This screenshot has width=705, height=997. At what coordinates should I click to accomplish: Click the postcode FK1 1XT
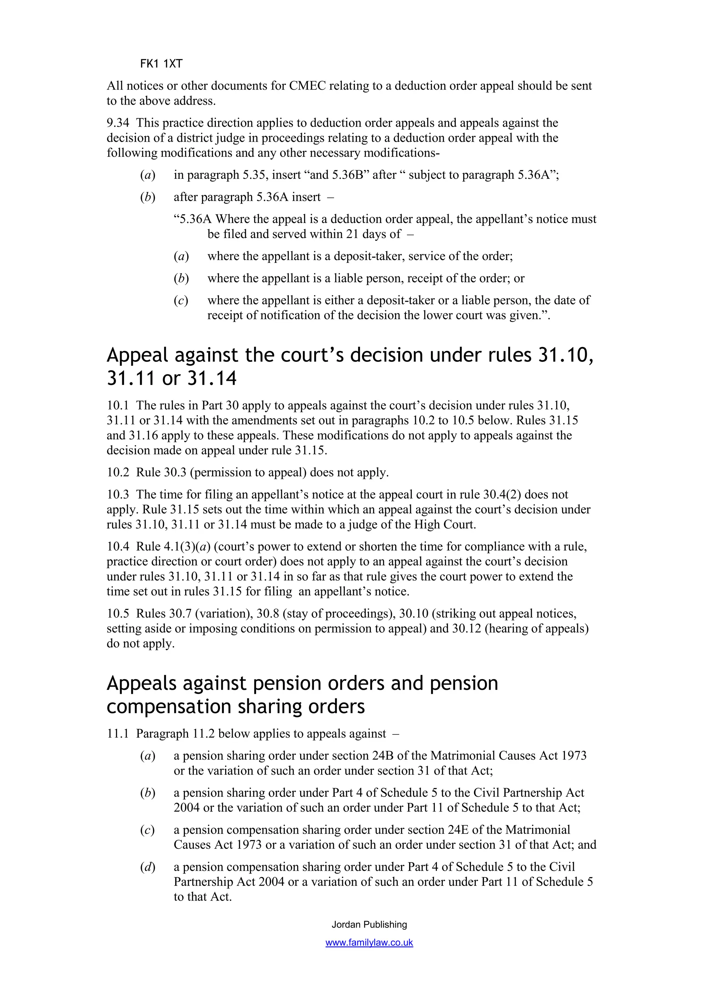tap(161, 64)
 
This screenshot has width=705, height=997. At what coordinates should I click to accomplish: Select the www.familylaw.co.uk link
tap(369, 943)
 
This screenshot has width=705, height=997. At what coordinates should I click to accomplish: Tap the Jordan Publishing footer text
tap(369, 924)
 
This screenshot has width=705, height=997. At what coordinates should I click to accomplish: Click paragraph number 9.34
tap(118, 123)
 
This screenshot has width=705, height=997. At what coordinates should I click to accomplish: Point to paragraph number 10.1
tap(118, 406)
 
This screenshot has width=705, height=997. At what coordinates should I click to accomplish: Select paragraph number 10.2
tap(118, 472)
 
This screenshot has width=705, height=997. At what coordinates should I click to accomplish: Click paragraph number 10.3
tap(118, 495)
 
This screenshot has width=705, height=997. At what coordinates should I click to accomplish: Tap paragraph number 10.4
tap(118, 547)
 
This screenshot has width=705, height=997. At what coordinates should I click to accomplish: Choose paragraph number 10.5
tap(118, 613)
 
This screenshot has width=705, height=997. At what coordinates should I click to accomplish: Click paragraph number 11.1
tap(118, 734)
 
